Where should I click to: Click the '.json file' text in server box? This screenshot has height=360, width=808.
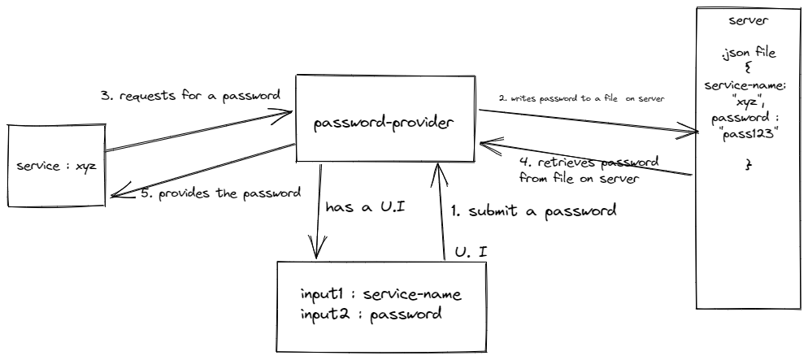(x=746, y=55)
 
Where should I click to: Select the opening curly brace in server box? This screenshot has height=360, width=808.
(x=746, y=71)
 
